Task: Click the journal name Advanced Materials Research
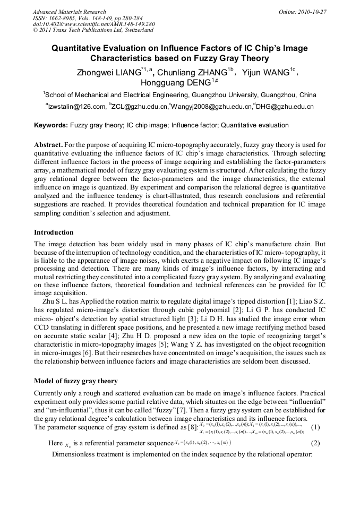69,12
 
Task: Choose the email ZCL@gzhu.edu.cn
138,107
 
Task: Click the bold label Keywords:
51,125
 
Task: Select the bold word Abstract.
48,145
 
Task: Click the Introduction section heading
54,232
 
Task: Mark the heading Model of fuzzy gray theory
75,381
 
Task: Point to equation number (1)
315,428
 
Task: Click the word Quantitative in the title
78,48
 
